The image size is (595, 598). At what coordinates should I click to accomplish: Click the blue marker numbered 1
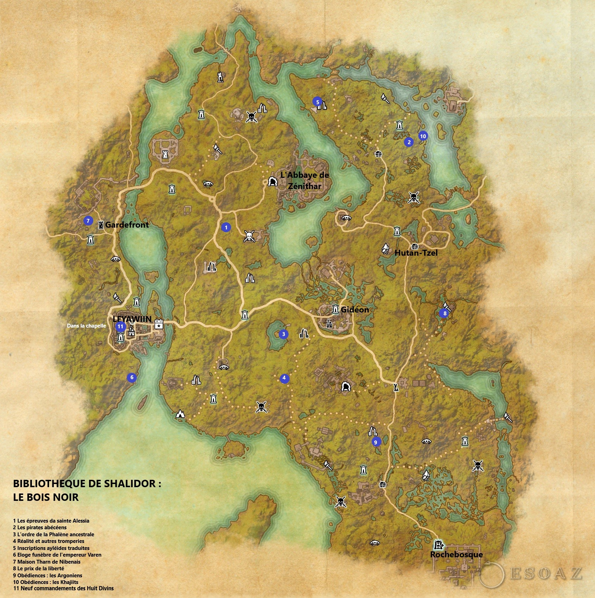pos(226,227)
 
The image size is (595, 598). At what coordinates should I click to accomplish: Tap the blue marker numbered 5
pos(317,102)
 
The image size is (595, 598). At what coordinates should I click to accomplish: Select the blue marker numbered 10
pos(423,136)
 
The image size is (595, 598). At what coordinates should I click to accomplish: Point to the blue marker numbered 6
pos(132,377)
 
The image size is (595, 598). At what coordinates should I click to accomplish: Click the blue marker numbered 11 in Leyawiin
pos(120,326)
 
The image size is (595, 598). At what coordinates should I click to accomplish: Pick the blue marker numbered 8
pos(445,313)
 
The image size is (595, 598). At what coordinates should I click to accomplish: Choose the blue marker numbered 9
pos(376,442)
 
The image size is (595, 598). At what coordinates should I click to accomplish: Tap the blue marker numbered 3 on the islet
pos(284,334)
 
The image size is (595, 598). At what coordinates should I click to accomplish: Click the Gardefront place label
pos(127,225)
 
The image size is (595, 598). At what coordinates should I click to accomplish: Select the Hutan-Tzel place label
pos(416,253)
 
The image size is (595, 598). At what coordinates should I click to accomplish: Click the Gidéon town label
pos(354,309)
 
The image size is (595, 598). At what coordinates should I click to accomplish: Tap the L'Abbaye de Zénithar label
pos(304,180)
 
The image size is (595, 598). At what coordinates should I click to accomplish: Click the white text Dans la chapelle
pos(86,326)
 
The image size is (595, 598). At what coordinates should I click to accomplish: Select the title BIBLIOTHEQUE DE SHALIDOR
pos(87,484)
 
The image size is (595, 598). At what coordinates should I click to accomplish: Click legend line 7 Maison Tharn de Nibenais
pos(47,562)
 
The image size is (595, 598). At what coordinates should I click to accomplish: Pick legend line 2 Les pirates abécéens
pos(40,528)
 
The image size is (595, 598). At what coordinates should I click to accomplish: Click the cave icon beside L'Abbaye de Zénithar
pos(272,181)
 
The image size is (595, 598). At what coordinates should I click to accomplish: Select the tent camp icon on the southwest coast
pos(180,414)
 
